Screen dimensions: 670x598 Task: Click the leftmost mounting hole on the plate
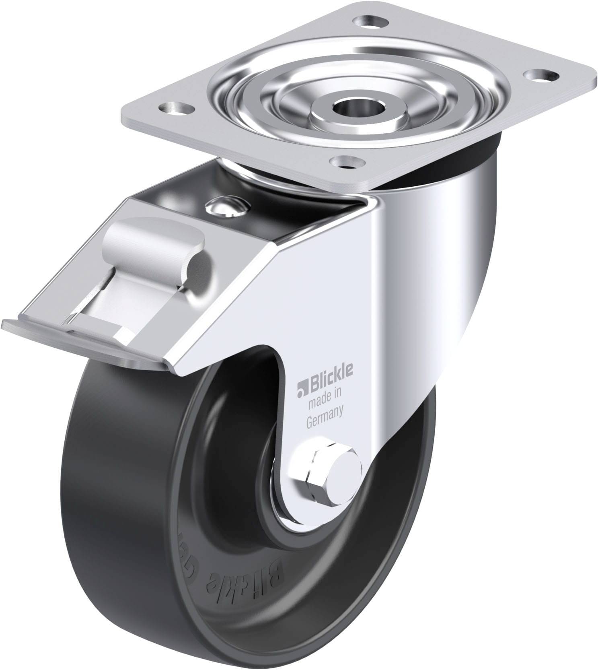tap(175, 108)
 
